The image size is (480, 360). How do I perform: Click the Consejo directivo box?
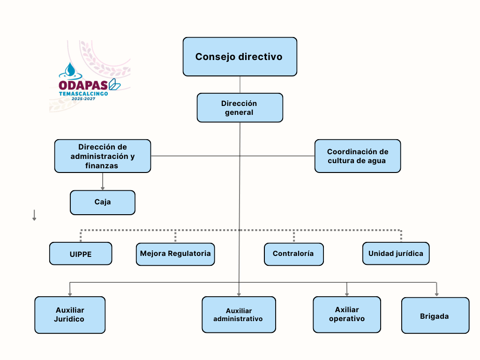[240, 57]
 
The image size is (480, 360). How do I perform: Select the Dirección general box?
[240, 108]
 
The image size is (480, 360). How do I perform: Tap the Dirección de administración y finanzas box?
[103, 156]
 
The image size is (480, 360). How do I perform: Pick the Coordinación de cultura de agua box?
[357, 156]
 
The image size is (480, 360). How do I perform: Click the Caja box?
[103, 202]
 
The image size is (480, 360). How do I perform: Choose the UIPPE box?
[81, 254]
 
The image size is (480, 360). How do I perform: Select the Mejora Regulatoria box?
[175, 254]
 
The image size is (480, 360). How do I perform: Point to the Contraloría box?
[293, 254]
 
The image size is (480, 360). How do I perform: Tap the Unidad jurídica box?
[396, 254]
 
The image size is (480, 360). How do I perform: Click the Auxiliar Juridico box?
[70, 315]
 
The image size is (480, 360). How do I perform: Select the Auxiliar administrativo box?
[239, 315]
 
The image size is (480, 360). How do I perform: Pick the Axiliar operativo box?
[347, 314]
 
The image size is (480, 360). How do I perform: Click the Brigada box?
[435, 315]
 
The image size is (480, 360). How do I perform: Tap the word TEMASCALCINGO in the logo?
[83, 94]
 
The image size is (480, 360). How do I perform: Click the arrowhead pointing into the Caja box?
[103, 188]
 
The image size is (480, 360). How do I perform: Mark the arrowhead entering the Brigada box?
[436, 294]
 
